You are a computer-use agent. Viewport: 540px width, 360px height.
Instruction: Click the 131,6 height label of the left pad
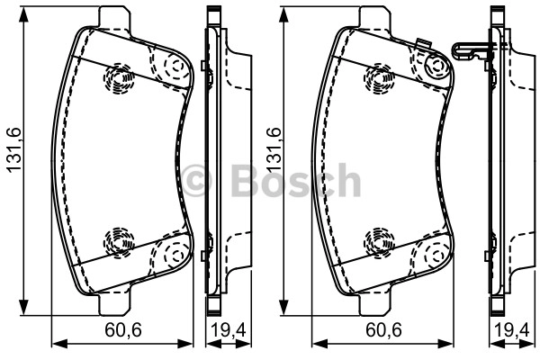point(14,150)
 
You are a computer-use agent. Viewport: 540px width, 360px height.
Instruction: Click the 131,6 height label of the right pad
point(274,150)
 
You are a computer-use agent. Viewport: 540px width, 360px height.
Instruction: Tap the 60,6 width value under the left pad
point(123,330)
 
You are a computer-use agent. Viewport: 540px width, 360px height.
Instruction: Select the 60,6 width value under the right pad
point(383,330)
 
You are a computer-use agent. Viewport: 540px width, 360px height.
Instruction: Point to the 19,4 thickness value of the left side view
point(229,330)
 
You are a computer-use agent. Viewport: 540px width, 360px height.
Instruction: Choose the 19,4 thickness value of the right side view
point(512,330)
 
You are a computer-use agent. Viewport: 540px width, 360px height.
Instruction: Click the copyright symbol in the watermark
point(196,181)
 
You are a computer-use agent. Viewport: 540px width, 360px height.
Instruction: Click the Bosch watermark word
point(296,180)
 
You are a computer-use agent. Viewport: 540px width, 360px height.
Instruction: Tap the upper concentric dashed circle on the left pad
point(119,78)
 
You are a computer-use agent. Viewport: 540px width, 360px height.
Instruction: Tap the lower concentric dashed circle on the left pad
point(119,242)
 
